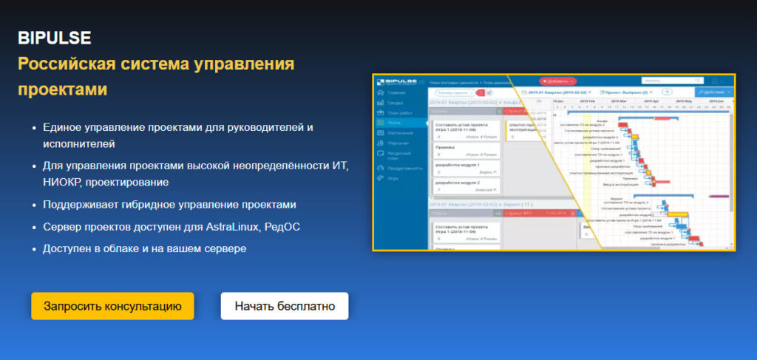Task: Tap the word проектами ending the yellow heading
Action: (62, 89)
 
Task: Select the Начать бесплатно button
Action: (285, 306)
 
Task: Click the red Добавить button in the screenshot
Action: (558, 81)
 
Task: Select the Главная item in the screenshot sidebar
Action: (396, 92)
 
